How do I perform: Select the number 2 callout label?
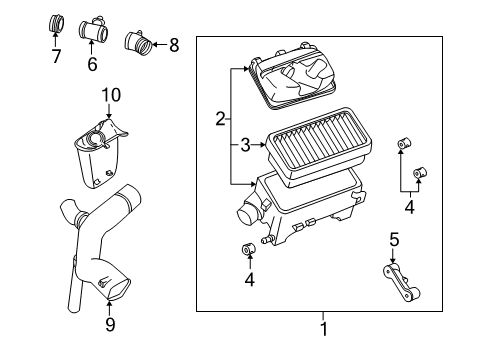point(220,119)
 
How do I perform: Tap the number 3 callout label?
point(245,146)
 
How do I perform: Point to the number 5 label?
point(393,240)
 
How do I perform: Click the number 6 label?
point(92,65)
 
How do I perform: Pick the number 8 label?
point(173,44)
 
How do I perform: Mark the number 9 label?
point(109,323)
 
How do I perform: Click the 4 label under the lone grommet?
point(249,281)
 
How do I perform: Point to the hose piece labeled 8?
point(137,44)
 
